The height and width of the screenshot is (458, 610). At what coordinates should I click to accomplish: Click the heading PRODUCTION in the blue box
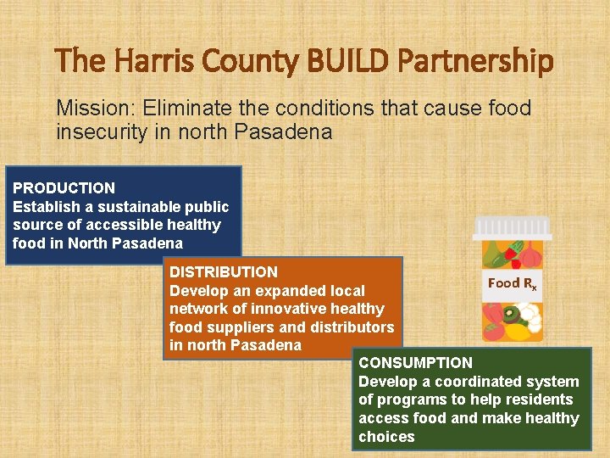pos(64,188)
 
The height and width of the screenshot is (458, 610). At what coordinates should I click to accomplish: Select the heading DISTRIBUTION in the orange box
pos(224,272)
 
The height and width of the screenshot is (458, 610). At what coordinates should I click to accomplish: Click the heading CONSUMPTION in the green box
pos(416,363)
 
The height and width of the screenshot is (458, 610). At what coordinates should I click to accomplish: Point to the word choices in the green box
pos(387,437)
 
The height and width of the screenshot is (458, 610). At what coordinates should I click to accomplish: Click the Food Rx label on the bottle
pos(512,284)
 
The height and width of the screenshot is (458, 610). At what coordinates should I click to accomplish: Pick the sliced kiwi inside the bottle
pos(512,316)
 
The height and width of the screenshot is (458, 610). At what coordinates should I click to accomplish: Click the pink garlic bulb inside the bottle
pos(530,254)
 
